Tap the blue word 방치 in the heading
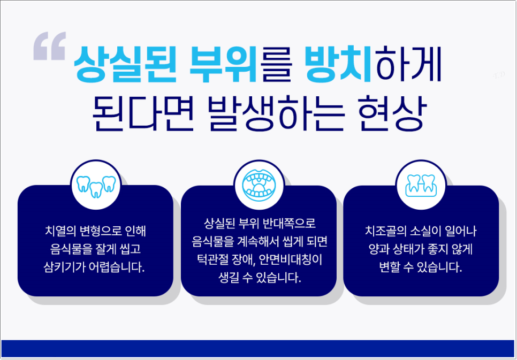point(338,63)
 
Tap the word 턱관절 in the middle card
point(210,260)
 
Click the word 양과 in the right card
point(375,250)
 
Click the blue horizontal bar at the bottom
point(258,348)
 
